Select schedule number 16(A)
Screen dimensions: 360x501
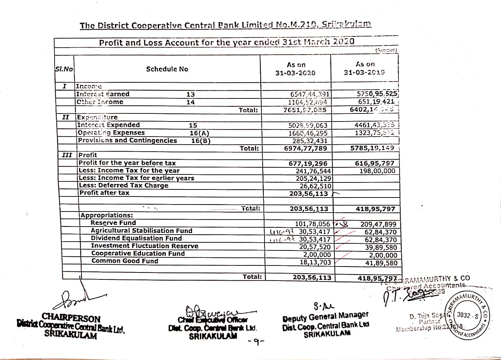coord(199,133)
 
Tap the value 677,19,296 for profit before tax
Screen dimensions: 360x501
coord(308,163)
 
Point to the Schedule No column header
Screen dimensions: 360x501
coord(167,69)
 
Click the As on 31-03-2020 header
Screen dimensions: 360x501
coord(296,69)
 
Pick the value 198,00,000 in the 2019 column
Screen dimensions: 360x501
coord(377,171)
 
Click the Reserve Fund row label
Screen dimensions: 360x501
coord(113,223)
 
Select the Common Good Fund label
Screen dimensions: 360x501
coord(125,261)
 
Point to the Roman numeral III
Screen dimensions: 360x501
coord(66,155)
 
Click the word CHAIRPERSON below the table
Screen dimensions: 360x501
coord(71,319)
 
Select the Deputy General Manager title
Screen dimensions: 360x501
coord(325,317)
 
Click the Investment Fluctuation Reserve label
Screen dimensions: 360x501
coord(144,246)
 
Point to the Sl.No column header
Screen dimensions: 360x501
coord(64,69)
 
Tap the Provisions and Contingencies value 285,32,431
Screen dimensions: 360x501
coord(310,141)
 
